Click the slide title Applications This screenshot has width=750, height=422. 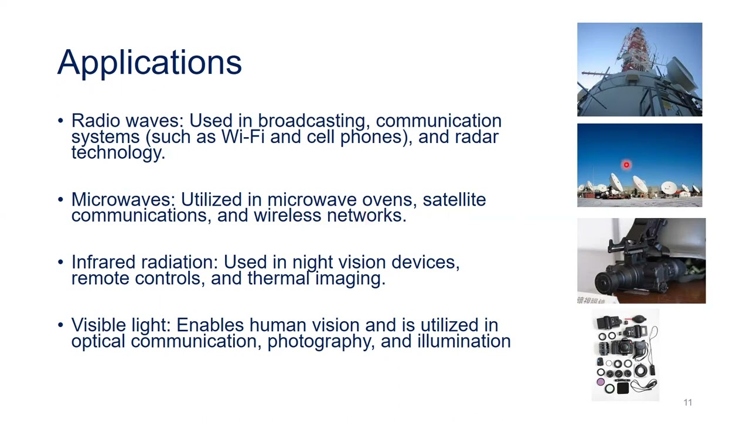(x=149, y=63)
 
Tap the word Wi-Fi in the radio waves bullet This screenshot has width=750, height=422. (x=243, y=137)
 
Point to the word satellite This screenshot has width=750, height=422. (x=454, y=200)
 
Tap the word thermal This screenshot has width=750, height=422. (x=278, y=278)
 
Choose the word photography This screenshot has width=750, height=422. (x=321, y=342)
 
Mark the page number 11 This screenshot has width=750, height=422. (x=688, y=402)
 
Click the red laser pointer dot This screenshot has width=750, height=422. (x=626, y=165)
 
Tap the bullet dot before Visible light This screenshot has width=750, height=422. (x=60, y=325)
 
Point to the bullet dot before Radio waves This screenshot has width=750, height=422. (x=60, y=121)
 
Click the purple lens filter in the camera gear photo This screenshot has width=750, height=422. (x=601, y=382)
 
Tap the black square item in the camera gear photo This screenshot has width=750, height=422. (x=623, y=388)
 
